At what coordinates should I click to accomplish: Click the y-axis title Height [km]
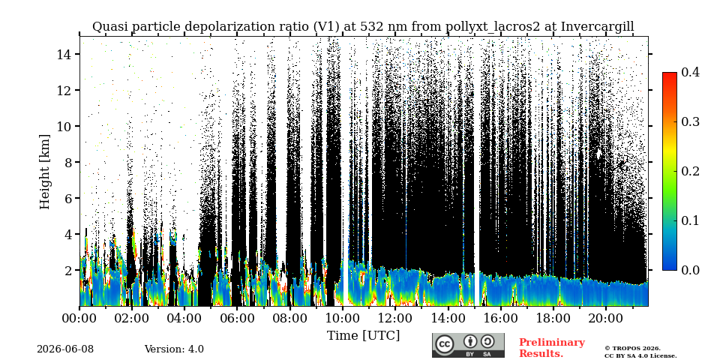[44, 172]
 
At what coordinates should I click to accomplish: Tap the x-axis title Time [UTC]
[363, 335]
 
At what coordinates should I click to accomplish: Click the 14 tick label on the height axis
[67, 54]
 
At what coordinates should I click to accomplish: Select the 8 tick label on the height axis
[72, 162]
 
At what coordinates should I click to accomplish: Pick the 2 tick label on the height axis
[72, 270]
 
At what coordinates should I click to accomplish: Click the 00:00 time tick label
[80, 318]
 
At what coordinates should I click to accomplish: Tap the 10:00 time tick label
[343, 318]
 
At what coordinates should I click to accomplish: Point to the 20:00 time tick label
[606, 318]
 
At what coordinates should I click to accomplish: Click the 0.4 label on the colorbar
[690, 72]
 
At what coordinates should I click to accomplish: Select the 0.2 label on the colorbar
[690, 171]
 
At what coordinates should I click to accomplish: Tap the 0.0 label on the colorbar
[690, 269]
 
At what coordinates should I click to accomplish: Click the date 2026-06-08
[65, 349]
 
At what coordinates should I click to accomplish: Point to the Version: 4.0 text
[174, 349]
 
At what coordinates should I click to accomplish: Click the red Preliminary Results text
[552, 348]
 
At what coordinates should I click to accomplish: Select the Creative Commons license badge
[468, 345]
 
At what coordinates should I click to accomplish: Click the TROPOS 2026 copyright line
[633, 349]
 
